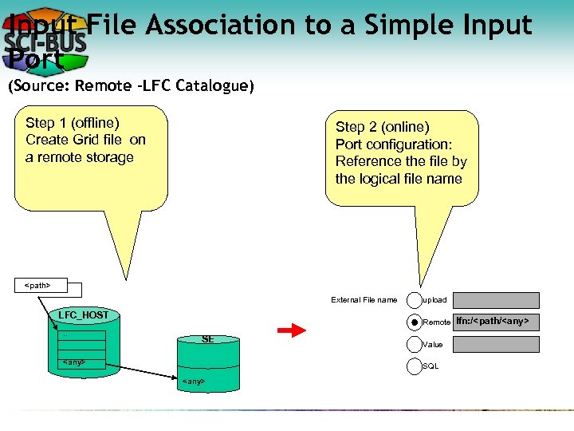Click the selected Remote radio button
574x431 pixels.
pyautogui.click(x=415, y=322)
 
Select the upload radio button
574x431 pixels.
pyautogui.click(x=415, y=300)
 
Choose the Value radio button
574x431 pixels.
pyautogui.click(x=415, y=345)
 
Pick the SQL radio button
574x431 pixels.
pyautogui.click(x=415, y=366)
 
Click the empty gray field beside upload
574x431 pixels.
pyautogui.click(x=496, y=300)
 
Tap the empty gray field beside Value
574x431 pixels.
pyautogui.click(x=496, y=344)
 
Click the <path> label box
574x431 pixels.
pyautogui.click(x=39, y=285)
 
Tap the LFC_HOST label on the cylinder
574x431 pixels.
pyautogui.click(x=83, y=315)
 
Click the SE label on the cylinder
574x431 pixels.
pyautogui.click(x=207, y=339)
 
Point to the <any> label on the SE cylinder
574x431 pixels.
pyautogui.click(x=193, y=382)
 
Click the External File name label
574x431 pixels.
pyautogui.click(x=364, y=300)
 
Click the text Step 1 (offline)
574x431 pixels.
pyautogui.click(x=73, y=123)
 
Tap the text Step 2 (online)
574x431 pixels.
pyautogui.click(x=383, y=127)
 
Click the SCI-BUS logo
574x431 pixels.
pyautogui.click(x=45, y=40)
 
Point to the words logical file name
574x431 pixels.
pyautogui.click(x=399, y=179)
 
